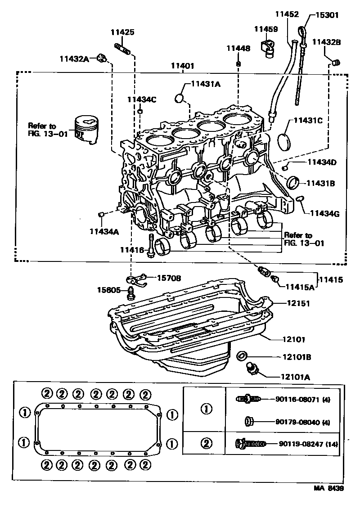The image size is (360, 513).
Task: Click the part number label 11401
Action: click(182, 66)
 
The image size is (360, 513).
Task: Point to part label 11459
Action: click(266, 29)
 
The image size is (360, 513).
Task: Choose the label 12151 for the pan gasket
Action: click(298, 303)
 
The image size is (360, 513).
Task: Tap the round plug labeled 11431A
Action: click(179, 98)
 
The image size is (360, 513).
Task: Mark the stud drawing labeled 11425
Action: click(122, 48)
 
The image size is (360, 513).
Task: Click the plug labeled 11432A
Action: click(102, 58)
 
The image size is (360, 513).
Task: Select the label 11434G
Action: click(324, 214)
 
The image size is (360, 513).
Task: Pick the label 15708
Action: click(169, 278)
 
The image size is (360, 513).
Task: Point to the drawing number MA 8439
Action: click(328, 488)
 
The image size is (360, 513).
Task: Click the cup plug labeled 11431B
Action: click(292, 182)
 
